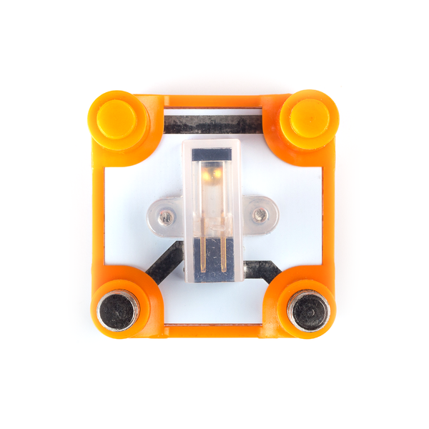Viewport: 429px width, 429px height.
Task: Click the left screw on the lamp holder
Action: coord(166,214)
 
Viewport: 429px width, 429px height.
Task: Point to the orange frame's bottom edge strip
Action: coord(214,330)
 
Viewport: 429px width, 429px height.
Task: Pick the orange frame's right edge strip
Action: coord(328,214)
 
